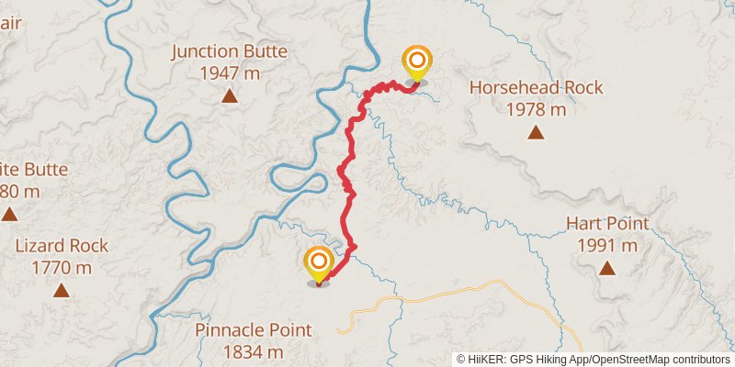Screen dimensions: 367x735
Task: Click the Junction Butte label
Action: pos(229,51)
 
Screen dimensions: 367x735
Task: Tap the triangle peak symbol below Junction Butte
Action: pos(229,95)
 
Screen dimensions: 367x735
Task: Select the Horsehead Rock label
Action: pos(536,88)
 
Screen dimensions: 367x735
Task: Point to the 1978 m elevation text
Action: pos(536,110)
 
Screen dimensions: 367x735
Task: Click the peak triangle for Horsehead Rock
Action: pos(536,132)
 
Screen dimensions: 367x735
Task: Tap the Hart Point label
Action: pos(607,223)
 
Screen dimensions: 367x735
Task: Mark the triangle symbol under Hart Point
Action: pos(607,268)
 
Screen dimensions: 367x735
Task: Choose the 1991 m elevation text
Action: pos(607,245)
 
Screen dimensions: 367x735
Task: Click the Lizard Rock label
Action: pos(62,246)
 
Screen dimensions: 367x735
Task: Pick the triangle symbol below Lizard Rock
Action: pos(62,290)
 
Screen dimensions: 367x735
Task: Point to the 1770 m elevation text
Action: pos(62,268)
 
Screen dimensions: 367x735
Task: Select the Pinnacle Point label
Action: pos(253,330)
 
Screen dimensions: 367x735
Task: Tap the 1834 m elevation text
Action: pos(253,352)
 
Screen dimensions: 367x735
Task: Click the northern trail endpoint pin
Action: pos(417,63)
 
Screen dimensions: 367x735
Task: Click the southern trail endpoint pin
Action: pos(319,264)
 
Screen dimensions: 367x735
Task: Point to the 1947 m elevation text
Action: pos(229,73)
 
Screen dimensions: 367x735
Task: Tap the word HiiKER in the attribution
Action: pos(487,360)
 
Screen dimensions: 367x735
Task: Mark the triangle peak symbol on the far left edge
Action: pos(8,214)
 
